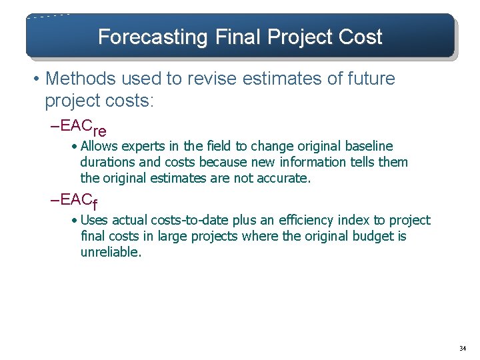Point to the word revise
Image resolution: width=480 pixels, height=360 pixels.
coord(220,79)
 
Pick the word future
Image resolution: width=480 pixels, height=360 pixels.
coord(369,79)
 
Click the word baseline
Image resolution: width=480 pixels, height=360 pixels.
coord(368,146)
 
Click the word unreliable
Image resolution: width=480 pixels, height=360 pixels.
coord(111,253)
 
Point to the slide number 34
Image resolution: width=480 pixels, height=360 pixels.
coord(462,349)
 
